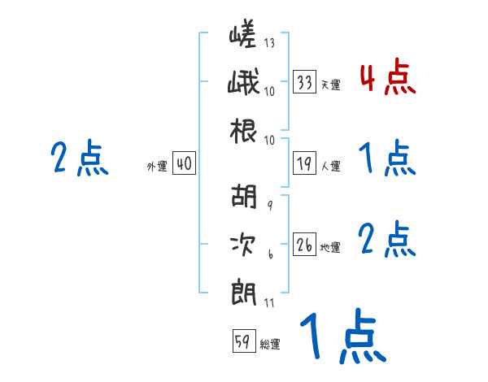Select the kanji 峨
tap(243, 84)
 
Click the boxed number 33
tap(305, 81)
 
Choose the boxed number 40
tap(184, 164)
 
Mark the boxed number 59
tap(242, 342)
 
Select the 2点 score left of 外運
tap(80, 158)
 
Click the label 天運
tap(330, 85)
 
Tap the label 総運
tap(269, 345)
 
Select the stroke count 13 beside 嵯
tap(269, 42)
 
